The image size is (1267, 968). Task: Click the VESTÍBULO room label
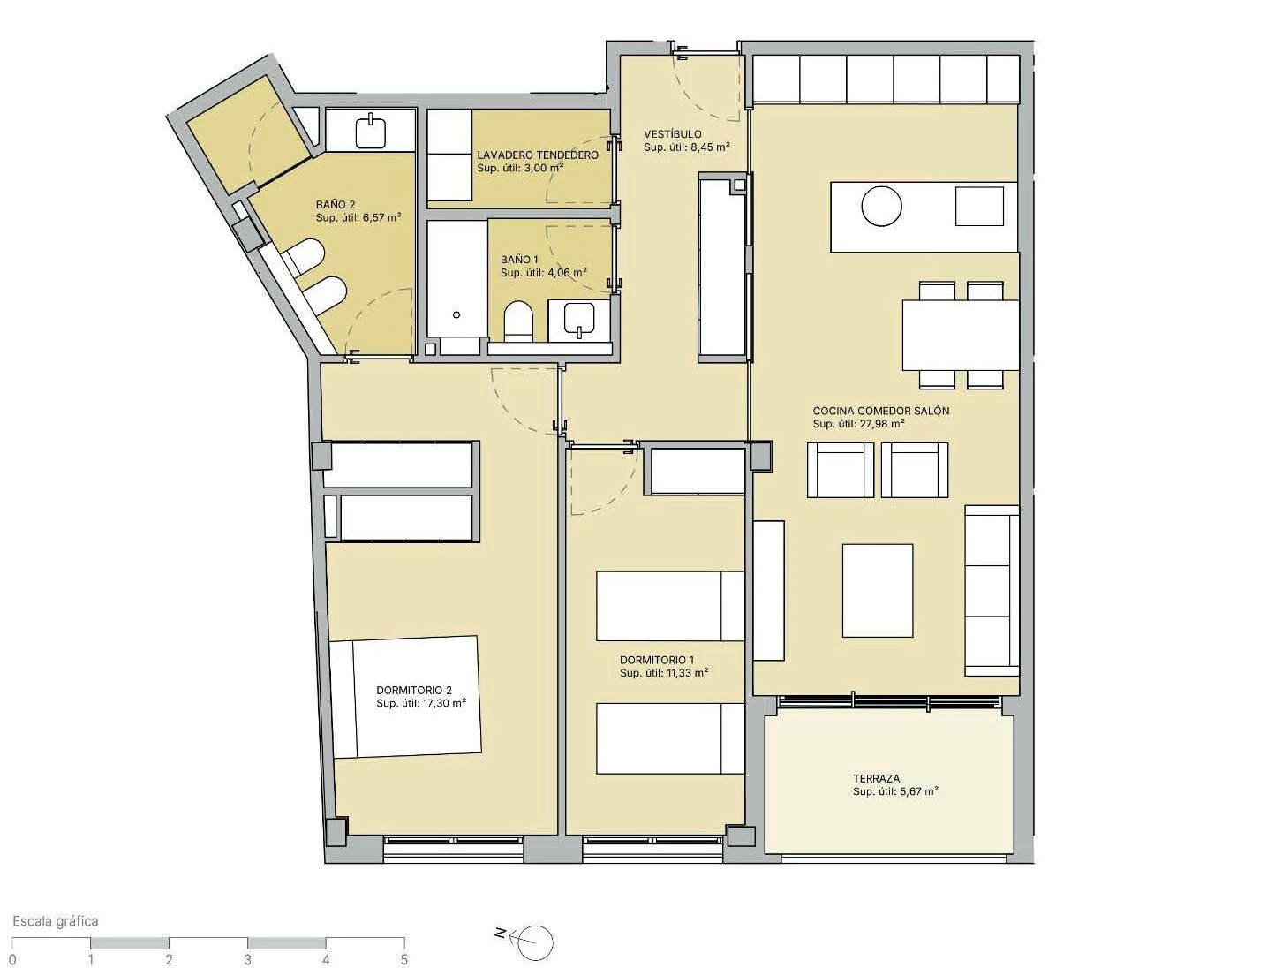pyautogui.click(x=673, y=134)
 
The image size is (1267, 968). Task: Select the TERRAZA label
pyautogui.click(x=876, y=779)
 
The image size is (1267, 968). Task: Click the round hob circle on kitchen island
pyautogui.click(x=881, y=206)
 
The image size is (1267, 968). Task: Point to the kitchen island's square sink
pyautogui.click(x=979, y=206)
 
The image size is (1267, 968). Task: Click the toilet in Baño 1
pyautogui.click(x=518, y=321)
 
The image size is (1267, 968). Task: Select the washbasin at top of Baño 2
pyautogui.click(x=370, y=131)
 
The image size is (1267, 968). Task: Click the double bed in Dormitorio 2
pyautogui.click(x=406, y=697)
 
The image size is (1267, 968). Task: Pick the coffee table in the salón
pyautogui.click(x=878, y=590)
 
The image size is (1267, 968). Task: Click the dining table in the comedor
pyautogui.click(x=961, y=335)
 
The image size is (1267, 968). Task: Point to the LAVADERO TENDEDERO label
pyautogui.click(x=538, y=155)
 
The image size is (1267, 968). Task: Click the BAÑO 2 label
pyautogui.click(x=336, y=204)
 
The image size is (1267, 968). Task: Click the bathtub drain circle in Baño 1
pyautogui.click(x=456, y=314)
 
